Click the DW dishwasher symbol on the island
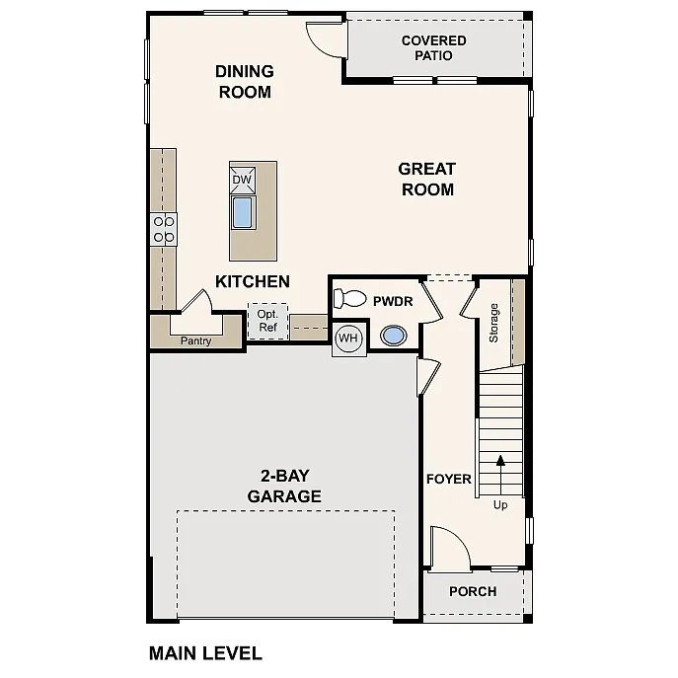point(242,180)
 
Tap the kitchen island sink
point(242,212)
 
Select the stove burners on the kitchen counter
point(164,230)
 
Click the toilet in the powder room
point(349,298)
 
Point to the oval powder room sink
point(395,337)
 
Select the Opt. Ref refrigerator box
point(266,321)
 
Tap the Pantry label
point(195,341)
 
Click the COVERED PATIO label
point(433,48)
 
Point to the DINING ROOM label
point(245,82)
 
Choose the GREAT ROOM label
point(427,179)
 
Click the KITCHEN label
point(253,281)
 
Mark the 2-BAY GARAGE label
point(284,487)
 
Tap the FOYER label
point(449,480)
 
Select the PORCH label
point(473,591)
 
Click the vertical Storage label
point(494,323)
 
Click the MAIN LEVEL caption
point(205,652)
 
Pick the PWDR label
point(392,295)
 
